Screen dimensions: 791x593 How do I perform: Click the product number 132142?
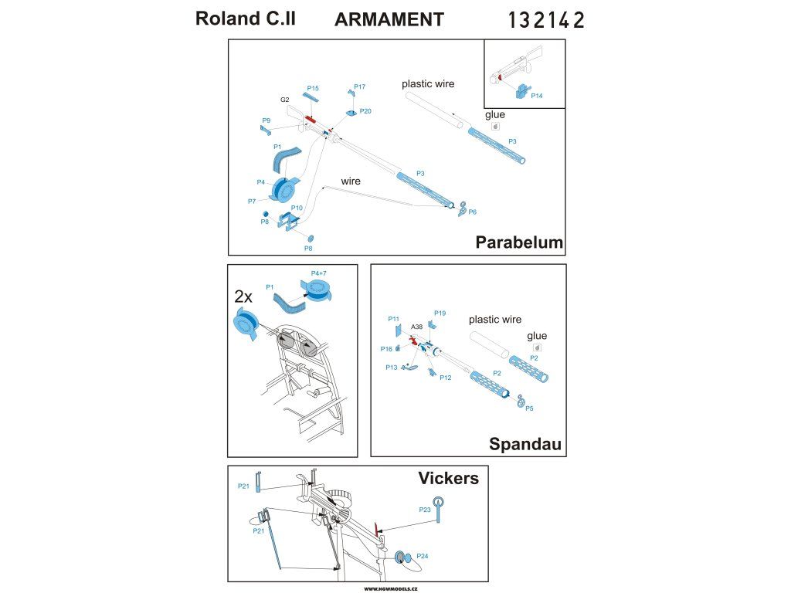546,20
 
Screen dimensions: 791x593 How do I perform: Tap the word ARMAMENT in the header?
389,19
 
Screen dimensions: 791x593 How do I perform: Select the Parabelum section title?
519,242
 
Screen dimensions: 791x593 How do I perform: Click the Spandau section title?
525,444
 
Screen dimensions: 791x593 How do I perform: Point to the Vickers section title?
449,478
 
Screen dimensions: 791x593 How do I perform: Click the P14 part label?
537,96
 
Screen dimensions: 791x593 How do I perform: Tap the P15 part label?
313,88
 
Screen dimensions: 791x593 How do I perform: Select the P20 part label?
365,111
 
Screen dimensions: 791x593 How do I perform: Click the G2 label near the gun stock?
284,100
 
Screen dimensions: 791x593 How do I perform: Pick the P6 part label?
472,212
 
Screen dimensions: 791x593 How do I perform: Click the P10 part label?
297,208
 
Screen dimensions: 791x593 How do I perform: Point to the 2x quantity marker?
243,297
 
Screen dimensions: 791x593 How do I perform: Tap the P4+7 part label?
319,273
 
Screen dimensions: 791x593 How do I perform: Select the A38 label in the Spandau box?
416,327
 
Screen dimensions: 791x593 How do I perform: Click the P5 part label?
529,408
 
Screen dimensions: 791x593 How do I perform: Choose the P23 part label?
425,510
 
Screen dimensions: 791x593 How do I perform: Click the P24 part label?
423,556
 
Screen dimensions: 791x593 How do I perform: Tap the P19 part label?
440,313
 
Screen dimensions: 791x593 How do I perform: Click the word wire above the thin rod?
351,181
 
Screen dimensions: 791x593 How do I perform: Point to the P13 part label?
392,368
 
